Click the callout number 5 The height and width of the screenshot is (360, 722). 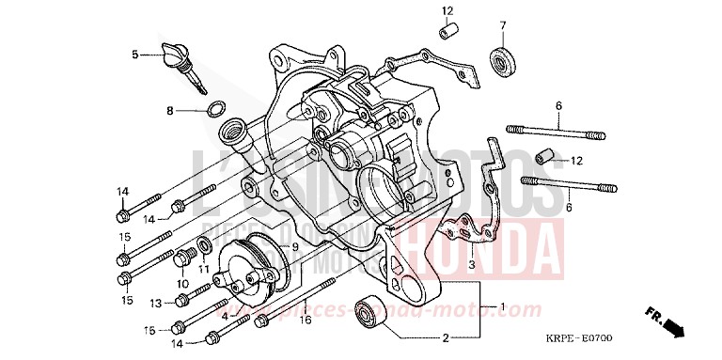[x=135, y=55]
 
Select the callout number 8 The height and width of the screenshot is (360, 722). [x=170, y=111]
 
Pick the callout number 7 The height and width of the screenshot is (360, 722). [x=502, y=24]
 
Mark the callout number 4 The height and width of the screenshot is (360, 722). [x=224, y=316]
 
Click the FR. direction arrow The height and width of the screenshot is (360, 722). [x=662, y=321]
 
